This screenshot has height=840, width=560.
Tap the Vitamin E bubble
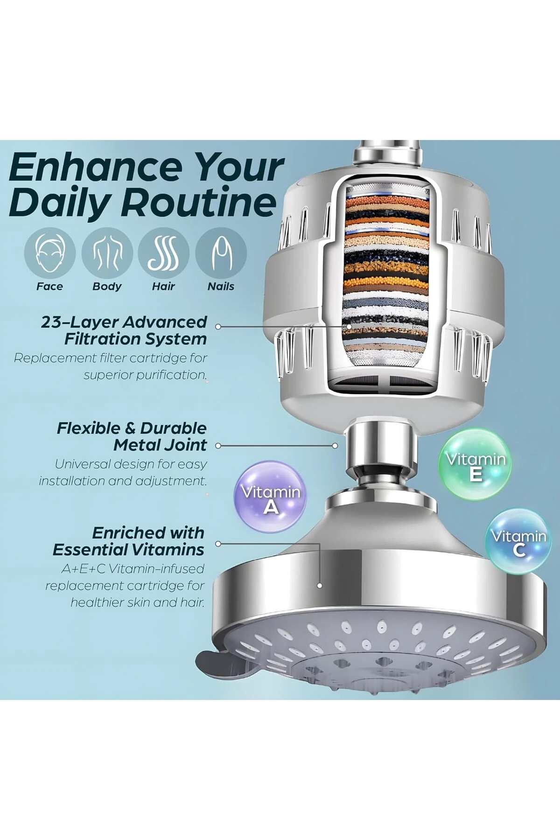pos(475,465)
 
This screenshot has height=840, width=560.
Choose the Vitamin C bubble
pos(518,541)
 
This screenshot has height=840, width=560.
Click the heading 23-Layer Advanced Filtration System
pos(124,330)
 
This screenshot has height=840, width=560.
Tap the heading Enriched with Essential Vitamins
pos(129,541)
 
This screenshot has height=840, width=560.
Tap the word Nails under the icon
pos(221,287)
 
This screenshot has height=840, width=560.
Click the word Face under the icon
pos(49,287)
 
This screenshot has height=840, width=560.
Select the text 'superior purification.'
pos(145,375)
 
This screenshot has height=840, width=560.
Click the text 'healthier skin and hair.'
pos(138,602)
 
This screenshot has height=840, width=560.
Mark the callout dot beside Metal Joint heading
pos(218,446)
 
